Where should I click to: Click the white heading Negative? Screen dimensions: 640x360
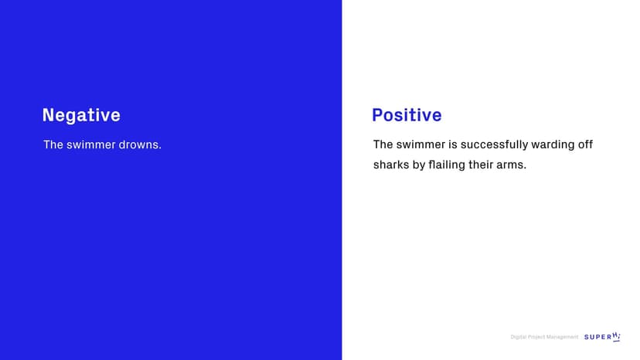tap(81, 115)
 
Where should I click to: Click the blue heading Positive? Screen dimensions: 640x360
tap(407, 115)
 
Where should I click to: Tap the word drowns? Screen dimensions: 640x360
tap(140, 145)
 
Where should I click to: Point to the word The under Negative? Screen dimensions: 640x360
tap(53, 145)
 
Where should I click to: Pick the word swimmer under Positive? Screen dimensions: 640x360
tap(420, 144)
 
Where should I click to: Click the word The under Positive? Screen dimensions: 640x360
tap(383, 144)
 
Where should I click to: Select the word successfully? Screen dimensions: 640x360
tap(494, 145)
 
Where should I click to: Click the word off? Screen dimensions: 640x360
tap(585, 144)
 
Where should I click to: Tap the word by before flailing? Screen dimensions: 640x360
tap(419, 165)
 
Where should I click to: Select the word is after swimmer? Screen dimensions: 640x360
tap(453, 144)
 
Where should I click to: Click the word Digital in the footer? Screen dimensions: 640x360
tap(518, 337)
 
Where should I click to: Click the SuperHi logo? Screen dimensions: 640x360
tap(602, 337)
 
